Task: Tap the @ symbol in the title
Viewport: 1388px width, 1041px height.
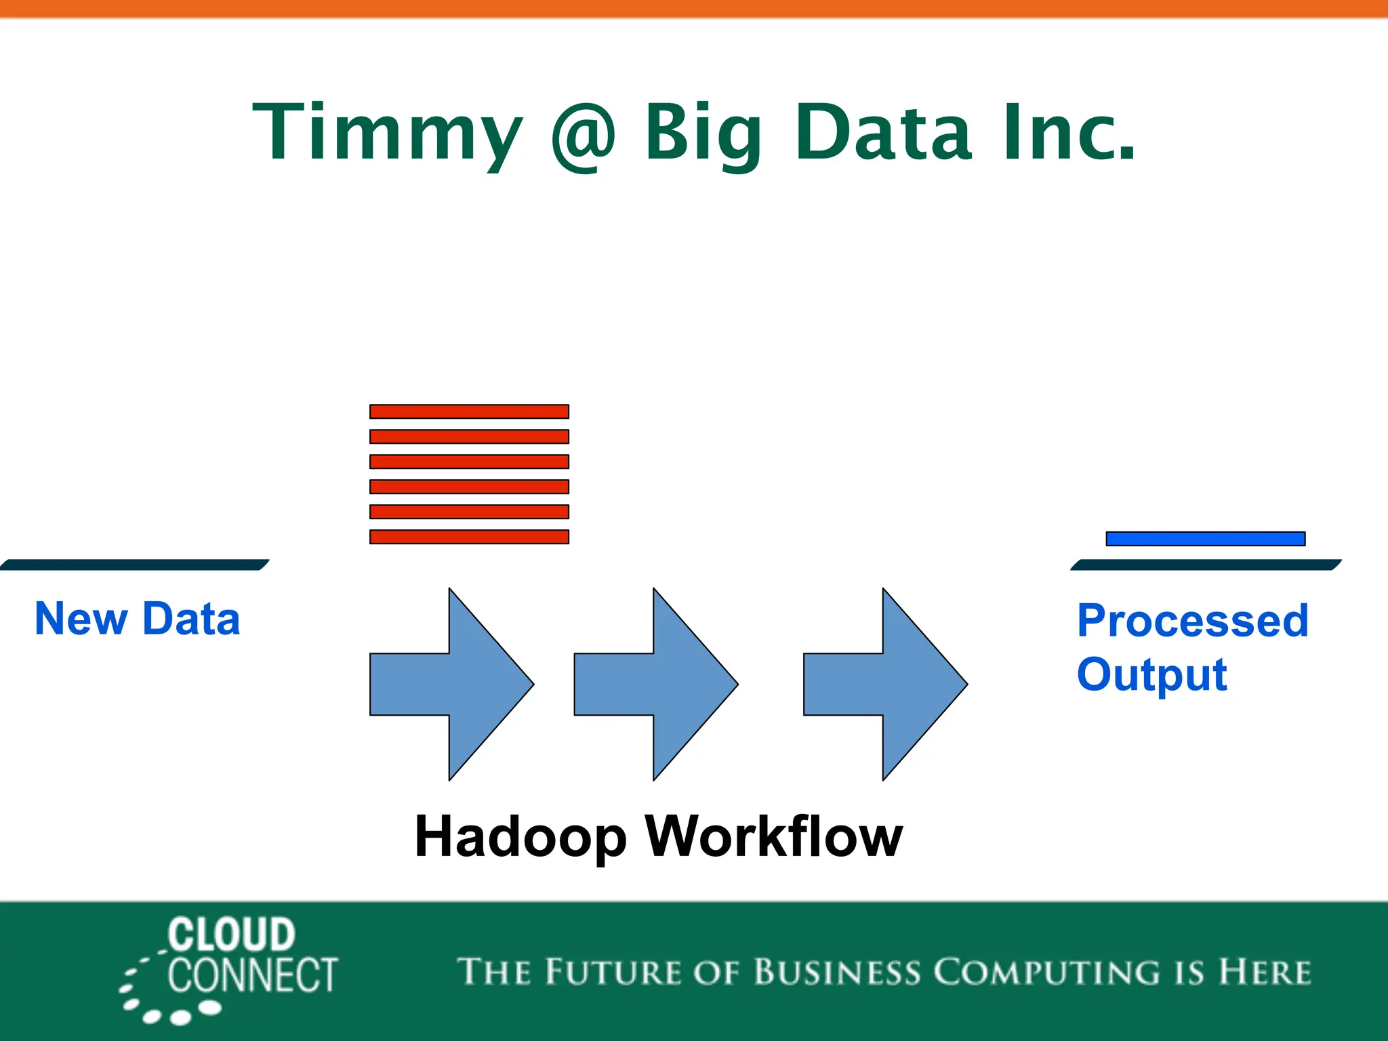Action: [x=584, y=136]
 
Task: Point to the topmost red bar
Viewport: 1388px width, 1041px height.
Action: [x=469, y=411]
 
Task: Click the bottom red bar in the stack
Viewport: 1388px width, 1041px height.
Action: [x=469, y=537]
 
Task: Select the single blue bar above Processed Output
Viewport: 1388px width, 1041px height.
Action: [x=1205, y=539]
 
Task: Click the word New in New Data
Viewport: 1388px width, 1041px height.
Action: [x=81, y=619]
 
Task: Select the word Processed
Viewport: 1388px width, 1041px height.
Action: [x=1193, y=621]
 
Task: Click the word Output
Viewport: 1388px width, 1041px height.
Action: [x=1151, y=675]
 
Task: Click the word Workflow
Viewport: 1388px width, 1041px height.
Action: [x=774, y=836]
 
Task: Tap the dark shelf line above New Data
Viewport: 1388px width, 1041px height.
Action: [x=136, y=565]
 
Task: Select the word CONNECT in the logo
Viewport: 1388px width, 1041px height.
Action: [x=252, y=976]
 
